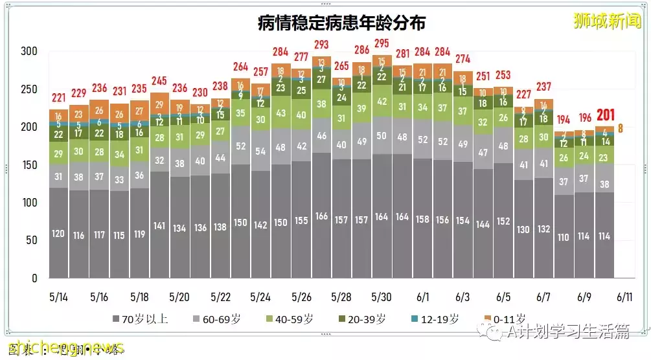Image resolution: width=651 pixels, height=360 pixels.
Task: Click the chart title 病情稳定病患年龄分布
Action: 341,23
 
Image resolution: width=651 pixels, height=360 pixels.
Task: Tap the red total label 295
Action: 382,43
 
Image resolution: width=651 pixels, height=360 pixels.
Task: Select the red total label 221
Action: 58,98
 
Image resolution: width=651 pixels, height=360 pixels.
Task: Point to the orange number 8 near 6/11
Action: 621,128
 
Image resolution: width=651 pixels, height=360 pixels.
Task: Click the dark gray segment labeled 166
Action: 321,216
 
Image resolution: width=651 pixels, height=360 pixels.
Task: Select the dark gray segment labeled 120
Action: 58,234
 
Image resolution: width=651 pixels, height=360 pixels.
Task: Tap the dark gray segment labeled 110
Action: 564,238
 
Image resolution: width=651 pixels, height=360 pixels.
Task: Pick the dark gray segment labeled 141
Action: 159,226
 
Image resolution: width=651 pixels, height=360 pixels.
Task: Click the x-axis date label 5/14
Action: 58,297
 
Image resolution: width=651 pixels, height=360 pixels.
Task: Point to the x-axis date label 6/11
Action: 624,297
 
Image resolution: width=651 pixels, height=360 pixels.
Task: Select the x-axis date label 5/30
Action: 382,297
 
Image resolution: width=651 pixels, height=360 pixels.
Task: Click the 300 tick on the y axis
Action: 29,52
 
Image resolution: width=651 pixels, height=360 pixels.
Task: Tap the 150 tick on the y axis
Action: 29,165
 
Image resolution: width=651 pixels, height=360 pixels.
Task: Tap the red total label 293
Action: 321,45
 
